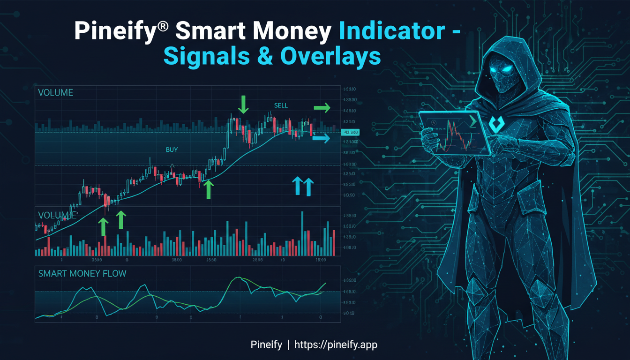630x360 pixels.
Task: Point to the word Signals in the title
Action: pyautogui.click(x=207, y=57)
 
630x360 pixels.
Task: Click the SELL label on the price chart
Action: pyautogui.click(x=281, y=105)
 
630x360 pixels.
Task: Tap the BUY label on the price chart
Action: pyautogui.click(x=172, y=150)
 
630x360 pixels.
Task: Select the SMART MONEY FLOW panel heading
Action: pyautogui.click(x=82, y=273)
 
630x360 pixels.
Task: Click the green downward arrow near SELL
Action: pyautogui.click(x=243, y=104)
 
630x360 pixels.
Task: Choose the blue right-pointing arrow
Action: pyautogui.click(x=321, y=138)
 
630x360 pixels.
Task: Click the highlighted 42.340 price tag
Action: pyautogui.click(x=351, y=132)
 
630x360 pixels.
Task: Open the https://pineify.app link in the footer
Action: pyautogui.click(x=336, y=345)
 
